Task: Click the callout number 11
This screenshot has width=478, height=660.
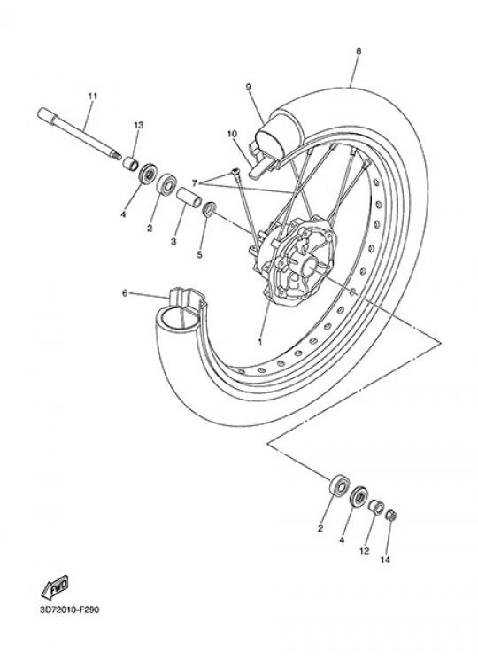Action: point(92,96)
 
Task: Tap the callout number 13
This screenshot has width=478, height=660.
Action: point(139,125)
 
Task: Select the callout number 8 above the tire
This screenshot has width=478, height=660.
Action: point(358,50)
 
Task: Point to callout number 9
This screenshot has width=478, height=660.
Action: point(248,87)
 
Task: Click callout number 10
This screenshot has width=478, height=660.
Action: point(232,134)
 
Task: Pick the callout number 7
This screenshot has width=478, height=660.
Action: point(194,183)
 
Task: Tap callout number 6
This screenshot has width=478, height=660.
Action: point(125,293)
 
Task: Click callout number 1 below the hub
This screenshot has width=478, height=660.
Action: point(260,342)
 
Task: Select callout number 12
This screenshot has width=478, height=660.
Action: point(364,550)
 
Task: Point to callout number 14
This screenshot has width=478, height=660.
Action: point(385,559)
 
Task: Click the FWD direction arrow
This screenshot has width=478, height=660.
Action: point(55,587)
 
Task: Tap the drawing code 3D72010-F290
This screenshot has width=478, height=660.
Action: point(70,610)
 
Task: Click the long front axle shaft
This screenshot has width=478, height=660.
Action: point(79,134)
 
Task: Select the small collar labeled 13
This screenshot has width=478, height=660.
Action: point(130,163)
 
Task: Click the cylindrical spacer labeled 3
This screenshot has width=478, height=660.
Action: point(189,197)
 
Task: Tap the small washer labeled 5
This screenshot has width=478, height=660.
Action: point(210,209)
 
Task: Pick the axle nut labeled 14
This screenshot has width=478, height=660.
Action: point(392,515)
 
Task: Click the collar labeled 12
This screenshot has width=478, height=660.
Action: point(376,507)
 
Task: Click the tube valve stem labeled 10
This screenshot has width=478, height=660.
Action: point(260,167)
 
